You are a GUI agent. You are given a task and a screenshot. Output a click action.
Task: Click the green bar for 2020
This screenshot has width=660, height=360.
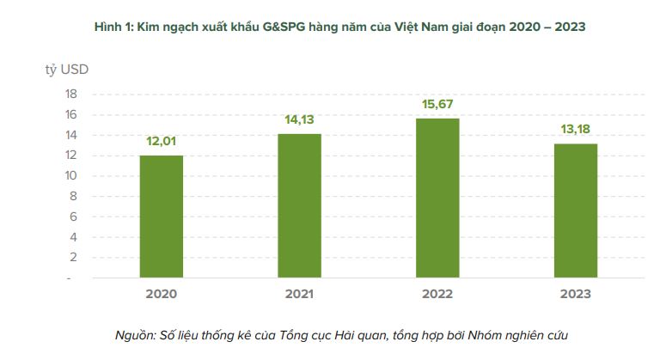[162, 217]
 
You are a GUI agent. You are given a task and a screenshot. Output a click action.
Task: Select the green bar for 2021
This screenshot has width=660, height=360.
[300, 206]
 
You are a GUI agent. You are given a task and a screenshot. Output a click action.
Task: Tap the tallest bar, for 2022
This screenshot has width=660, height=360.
[437, 198]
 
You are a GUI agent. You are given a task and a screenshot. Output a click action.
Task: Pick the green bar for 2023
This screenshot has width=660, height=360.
[576, 211]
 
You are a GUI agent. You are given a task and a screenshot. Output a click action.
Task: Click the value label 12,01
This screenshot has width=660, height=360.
[162, 141]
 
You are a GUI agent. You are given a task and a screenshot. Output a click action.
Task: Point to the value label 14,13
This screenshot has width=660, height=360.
[300, 119]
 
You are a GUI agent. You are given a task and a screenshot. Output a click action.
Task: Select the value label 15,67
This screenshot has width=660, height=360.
[437, 104]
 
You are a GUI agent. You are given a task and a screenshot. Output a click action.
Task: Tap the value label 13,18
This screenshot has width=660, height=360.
[576, 130]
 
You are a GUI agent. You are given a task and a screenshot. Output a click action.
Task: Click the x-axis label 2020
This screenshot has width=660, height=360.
[162, 294]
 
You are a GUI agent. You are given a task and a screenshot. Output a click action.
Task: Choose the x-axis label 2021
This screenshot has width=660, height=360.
[300, 294]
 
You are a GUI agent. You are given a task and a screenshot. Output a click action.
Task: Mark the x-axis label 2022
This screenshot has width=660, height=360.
[437, 294]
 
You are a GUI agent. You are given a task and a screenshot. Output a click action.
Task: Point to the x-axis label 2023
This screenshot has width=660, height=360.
[576, 294]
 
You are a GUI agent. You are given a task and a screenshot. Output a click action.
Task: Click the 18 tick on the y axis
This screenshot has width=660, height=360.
[71, 94]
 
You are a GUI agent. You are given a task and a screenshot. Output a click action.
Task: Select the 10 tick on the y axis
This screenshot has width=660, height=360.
[71, 175]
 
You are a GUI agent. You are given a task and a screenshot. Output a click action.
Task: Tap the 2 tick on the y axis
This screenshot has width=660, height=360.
[74, 257]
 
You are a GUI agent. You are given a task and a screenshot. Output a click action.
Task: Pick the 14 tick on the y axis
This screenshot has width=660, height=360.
[71, 135]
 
